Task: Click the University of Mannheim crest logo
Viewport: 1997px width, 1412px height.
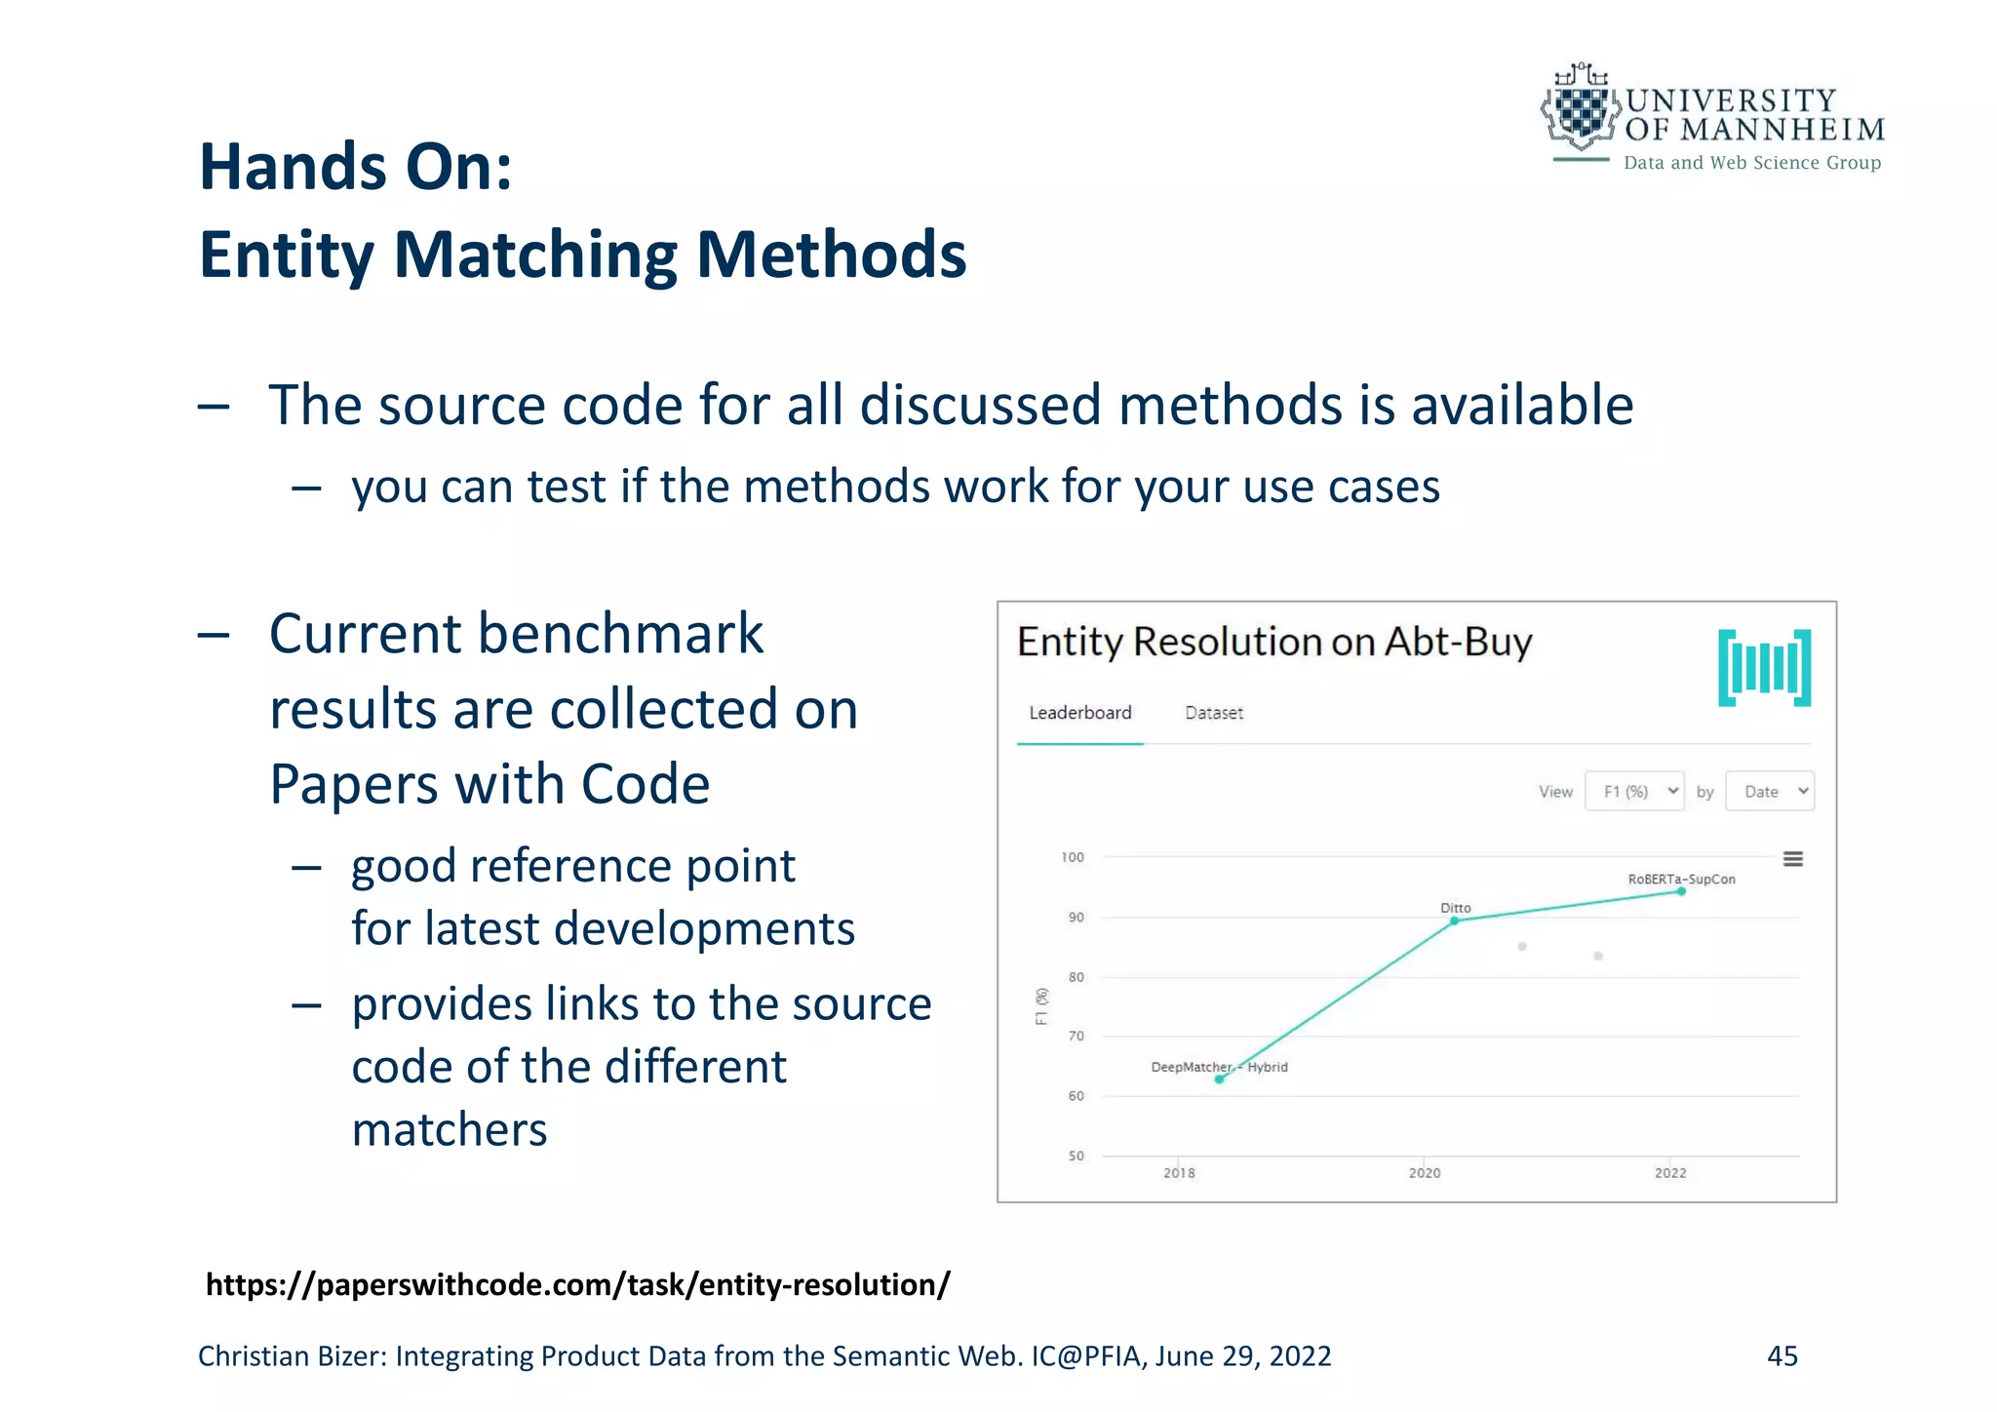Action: (x=1580, y=109)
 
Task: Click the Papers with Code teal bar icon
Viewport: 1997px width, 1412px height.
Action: (x=1764, y=668)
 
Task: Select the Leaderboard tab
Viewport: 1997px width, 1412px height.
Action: (x=1080, y=713)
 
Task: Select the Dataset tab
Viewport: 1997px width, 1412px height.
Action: (x=1214, y=713)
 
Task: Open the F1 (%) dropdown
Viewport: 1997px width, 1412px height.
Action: (x=1634, y=791)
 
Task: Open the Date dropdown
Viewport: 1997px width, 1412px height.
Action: (x=1770, y=791)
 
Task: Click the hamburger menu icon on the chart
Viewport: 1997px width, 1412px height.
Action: (x=1792, y=859)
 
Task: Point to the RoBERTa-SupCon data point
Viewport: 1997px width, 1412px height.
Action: (x=1681, y=891)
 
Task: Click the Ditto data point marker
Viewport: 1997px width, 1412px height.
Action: (x=1455, y=921)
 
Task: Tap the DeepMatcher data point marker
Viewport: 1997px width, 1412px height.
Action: (x=1219, y=1079)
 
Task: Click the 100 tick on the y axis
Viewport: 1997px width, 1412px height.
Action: (x=1073, y=857)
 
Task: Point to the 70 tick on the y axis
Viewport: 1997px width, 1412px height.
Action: (x=1076, y=1036)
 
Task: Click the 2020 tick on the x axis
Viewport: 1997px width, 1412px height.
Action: (x=1425, y=1172)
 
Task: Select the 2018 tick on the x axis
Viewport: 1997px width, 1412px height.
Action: (x=1179, y=1172)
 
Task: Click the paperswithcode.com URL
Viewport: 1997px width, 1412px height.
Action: (x=577, y=1285)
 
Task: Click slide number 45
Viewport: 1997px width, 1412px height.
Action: (x=1782, y=1355)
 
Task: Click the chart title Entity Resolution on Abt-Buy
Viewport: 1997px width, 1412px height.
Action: (x=1274, y=643)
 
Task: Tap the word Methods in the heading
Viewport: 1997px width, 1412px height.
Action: (x=831, y=255)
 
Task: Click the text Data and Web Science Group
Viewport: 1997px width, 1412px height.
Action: (x=1752, y=163)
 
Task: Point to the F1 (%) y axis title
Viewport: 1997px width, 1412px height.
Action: (x=1042, y=1006)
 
